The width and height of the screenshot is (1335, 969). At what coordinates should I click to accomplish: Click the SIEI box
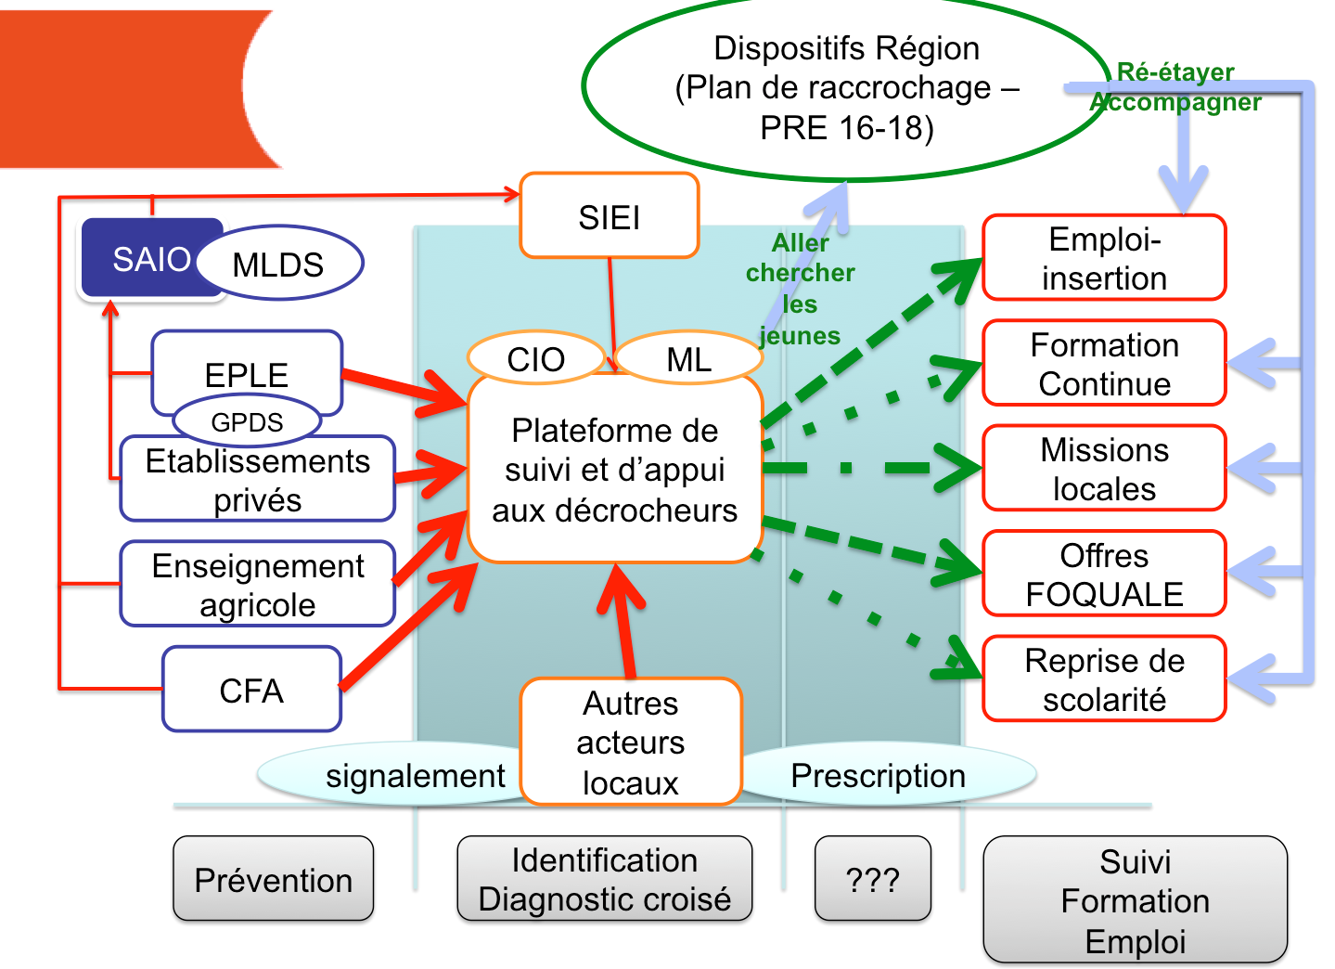(x=609, y=216)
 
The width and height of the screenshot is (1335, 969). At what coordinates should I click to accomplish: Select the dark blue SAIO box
(x=139, y=259)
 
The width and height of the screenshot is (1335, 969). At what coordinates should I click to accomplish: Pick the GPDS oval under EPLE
(x=247, y=422)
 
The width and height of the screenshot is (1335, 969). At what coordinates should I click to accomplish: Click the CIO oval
(x=535, y=359)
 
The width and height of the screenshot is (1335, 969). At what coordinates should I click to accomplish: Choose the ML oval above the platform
(x=688, y=359)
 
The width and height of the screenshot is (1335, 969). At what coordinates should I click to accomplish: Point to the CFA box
(x=251, y=691)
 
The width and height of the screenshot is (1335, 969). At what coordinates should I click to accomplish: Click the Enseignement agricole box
(x=258, y=585)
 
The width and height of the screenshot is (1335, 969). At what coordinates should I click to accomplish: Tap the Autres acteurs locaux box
(x=631, y=743)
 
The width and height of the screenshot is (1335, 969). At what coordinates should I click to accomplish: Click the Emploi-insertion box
(x=1104, y=258)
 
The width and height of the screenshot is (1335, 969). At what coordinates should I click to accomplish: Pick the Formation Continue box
(x=1104, y=364)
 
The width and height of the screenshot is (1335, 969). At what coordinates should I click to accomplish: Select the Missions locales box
(x=1104, y=469)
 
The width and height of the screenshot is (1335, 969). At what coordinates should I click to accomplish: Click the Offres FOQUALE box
(x=1104, y=575)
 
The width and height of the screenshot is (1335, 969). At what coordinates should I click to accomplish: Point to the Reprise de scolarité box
(x=1104, y=679)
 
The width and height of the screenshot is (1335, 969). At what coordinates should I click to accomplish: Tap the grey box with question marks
(x=872, y=879)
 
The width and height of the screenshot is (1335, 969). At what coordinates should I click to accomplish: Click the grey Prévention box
(x=273, y=879)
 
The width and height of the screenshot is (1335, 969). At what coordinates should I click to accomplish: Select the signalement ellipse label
(x=415, y=776)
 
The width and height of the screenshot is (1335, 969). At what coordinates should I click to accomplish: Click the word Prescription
(x=878, y=776)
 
